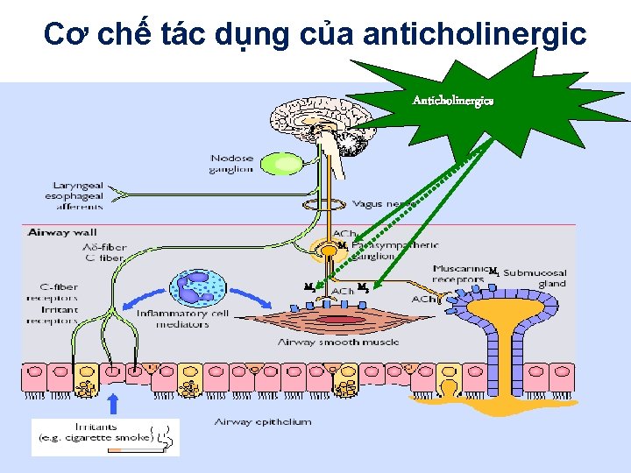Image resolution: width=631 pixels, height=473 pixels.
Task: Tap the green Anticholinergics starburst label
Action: coord(452,101)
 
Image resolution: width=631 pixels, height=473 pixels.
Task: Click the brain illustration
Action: coord(311,123)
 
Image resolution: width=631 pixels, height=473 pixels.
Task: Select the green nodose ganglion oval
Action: coord(282,163)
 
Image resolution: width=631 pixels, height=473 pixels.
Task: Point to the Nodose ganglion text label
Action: coord(231,164)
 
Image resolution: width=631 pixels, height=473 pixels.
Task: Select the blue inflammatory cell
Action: coord(201,291)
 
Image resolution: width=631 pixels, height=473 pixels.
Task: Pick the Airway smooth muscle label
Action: coord(337,342)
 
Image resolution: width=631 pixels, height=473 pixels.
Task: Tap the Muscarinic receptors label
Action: coord(459,274)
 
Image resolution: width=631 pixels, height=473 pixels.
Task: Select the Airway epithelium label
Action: coord(263,422)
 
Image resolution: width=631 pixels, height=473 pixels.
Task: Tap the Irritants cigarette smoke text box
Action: coord(105,437)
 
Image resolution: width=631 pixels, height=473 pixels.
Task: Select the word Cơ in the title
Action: coord(61,35)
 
